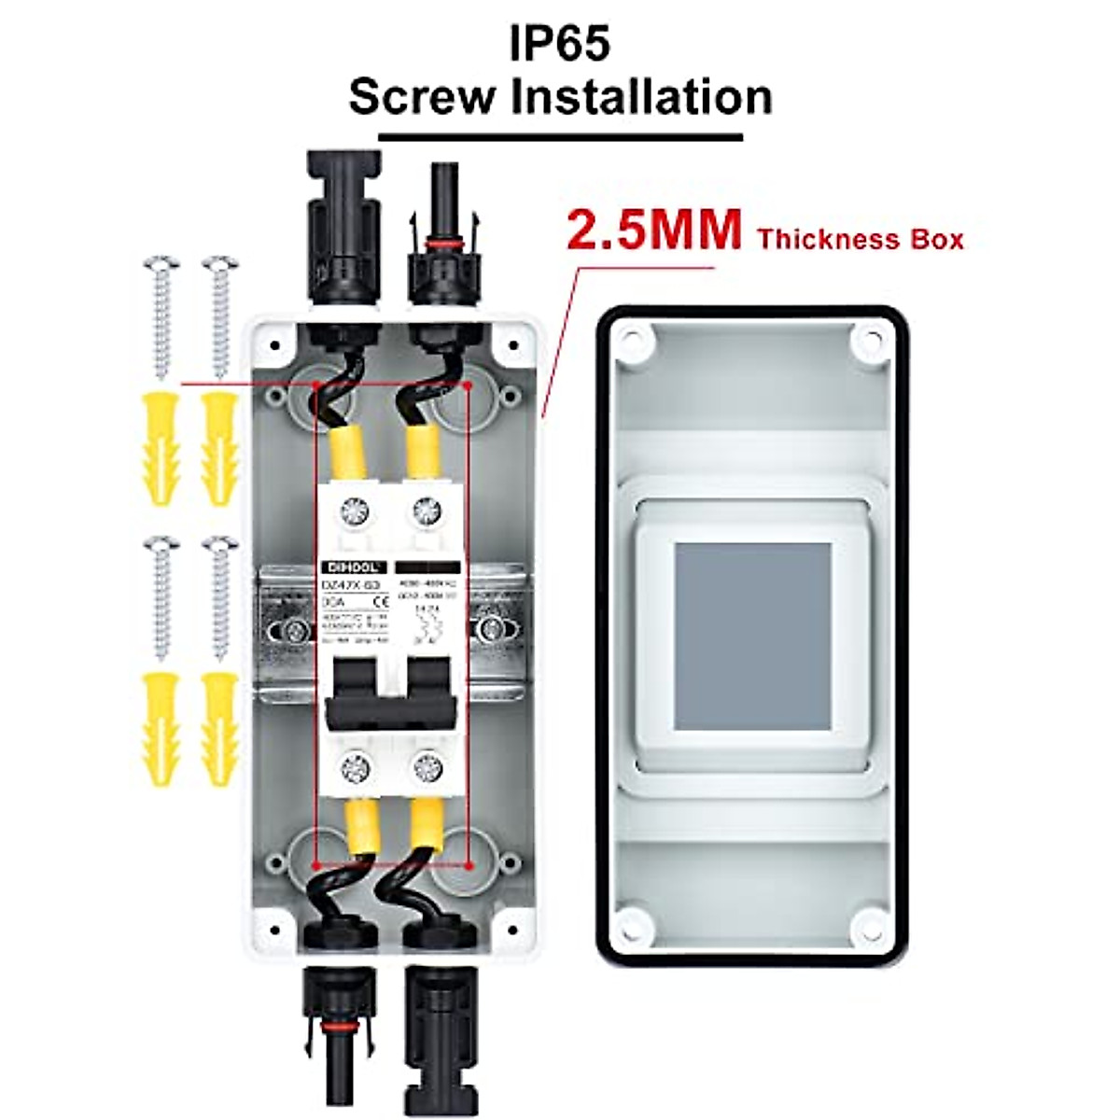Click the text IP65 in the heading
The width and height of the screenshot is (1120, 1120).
pyautogui.click(x=559, y=43)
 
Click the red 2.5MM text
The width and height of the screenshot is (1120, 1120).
pyautogui.click(x=654, y=231)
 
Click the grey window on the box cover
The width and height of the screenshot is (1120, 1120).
pyautogui.click(x=752, y=637)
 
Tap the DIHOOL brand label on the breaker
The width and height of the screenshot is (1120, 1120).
pyautogui.click(x=352, y=567)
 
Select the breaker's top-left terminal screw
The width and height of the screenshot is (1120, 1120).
pyautogui.click(x=355, y=511)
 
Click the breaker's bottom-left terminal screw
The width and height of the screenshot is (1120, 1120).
pyautogui.click(x=355, y=769)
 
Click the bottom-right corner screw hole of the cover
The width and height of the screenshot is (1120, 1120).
pyautogui.click(x=869, y=923)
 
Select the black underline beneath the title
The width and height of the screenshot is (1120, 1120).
pyautogui.click(x=559, y=137)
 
